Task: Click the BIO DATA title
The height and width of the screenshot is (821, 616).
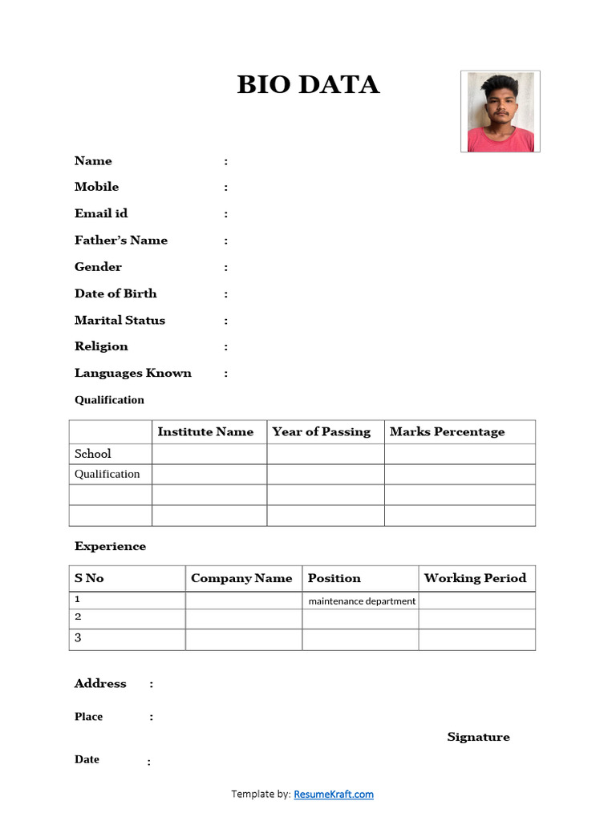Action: pyautogui.click(x=308, y=85)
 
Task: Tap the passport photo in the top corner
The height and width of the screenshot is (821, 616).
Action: pyautogui.click(x=500, y=111)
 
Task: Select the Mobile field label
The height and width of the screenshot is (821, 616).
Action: pyautogui.click(x=96, y=187)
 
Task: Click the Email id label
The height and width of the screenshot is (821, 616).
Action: pyautogui.click(x=101, y=213)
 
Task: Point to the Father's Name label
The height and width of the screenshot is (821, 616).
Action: pyautogui.click(x=121, y=241)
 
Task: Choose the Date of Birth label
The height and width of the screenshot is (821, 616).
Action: pyautogui.click(x=115, y=293)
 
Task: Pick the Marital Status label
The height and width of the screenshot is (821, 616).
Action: pyautogui.click(x=120, y=320)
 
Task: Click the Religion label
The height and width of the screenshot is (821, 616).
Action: pyautogui.click(x=101, y=346)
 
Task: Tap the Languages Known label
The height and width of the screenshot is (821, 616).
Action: pyautogui.click(x=133, y=373)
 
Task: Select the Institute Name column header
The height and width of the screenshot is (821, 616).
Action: pyautogui.click(x=205, y=432)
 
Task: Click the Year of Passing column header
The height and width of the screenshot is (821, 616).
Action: pyautogui.click(x=322, y=432)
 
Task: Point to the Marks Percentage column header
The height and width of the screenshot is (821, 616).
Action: pyautogui.click(x=448, y=432)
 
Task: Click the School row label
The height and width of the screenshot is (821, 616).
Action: pyautogui.click(x=93, y=454)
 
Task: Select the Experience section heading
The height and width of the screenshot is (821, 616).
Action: pyautogui.click(x=110, y=547)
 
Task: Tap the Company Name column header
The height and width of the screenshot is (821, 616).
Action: pyautogui.click(x=241, y=578)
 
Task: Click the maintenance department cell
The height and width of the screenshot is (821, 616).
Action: pyautogui.click(x=362, y=601)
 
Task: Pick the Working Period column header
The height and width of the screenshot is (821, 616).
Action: pyautogui.click(x=475, y=578)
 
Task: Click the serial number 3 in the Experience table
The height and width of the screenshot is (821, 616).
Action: pyautogui.click(x=78, y=638)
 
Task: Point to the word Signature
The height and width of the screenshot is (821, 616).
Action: pyautogui.click(x=478, y=737)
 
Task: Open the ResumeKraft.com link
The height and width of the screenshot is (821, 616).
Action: pyautogui.click(x=334, y=795)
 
